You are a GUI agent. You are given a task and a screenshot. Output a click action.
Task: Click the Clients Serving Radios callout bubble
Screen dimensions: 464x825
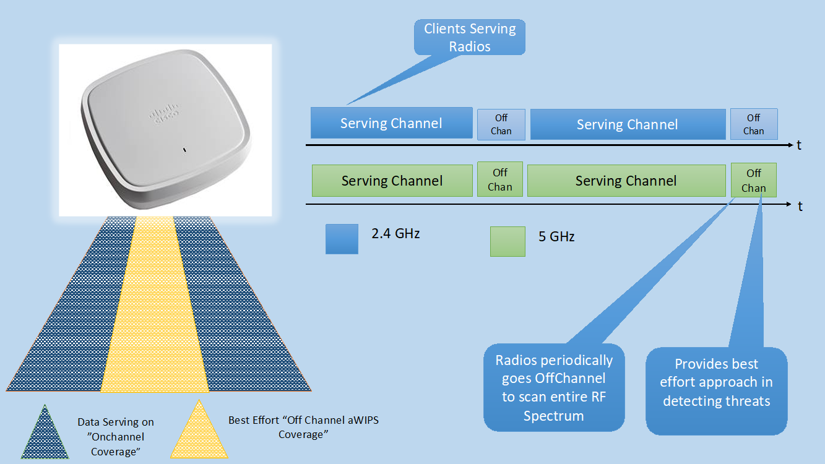470,37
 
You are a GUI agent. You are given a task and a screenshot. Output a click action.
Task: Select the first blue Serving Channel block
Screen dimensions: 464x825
391,123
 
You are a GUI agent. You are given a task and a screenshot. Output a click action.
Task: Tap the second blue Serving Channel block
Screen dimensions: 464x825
628,124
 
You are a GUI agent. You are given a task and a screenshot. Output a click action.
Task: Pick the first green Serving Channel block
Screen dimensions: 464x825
392,181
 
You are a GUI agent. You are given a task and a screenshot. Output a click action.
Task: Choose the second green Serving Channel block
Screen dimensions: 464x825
626,181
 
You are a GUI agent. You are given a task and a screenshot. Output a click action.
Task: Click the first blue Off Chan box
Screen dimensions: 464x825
501,124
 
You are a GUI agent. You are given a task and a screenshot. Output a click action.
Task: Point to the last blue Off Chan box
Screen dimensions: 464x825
753,124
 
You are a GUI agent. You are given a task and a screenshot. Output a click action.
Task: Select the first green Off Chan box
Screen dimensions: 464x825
500,179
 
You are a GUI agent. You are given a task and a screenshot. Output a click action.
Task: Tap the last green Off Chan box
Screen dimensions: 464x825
753,181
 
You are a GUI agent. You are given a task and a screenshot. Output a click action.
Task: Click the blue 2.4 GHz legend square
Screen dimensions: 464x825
342,239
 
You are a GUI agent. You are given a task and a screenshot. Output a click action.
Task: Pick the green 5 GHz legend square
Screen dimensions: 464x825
508,241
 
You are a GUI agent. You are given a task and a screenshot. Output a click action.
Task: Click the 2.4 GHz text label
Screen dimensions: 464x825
395,234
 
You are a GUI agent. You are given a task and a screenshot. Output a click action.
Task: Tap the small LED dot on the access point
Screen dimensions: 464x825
184,150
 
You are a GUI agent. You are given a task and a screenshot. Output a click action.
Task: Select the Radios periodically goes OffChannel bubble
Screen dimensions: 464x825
554,387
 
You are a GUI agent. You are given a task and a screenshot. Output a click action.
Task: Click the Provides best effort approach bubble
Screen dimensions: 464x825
716,390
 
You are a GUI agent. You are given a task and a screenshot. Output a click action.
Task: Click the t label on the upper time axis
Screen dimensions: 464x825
799,145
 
